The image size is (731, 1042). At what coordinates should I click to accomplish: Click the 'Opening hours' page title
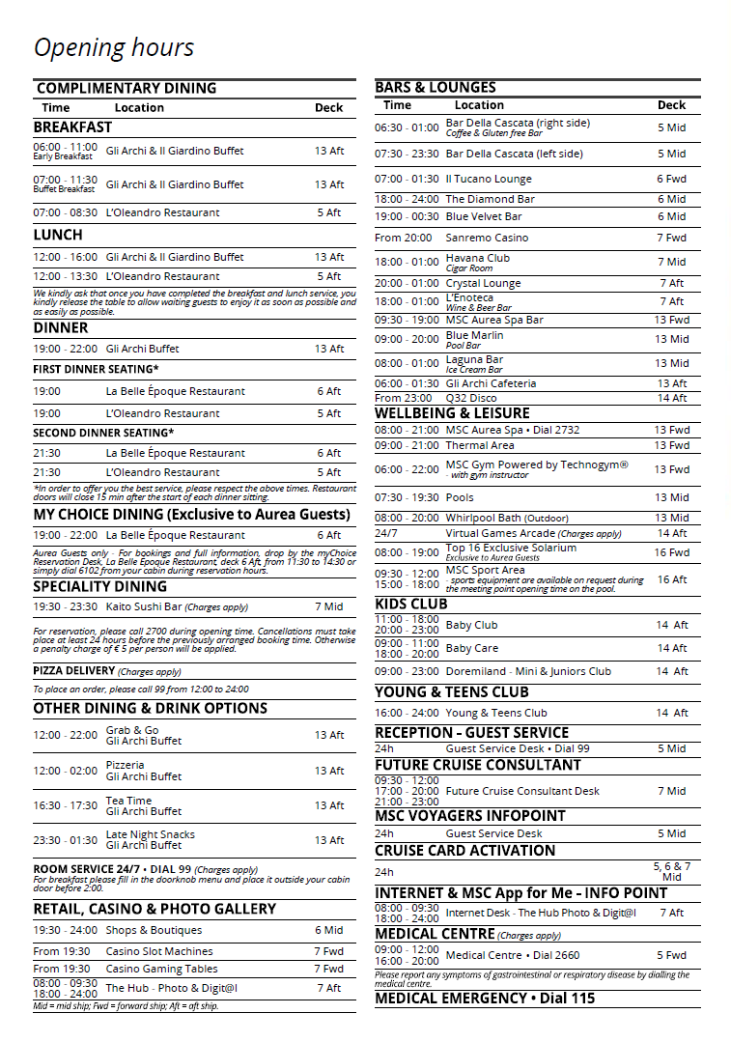point(114,47)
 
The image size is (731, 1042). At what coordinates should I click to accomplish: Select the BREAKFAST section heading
point(72,127)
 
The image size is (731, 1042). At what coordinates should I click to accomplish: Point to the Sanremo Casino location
point(487,238)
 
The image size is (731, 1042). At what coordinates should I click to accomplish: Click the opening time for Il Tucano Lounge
point(407,179)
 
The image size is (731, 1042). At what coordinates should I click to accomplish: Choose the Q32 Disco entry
point(471,398)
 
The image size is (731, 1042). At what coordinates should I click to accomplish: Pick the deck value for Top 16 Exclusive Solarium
point(672,552)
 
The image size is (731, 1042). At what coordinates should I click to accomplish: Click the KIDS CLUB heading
point(411,605)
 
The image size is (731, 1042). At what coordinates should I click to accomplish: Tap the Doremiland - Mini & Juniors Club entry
point(527,671)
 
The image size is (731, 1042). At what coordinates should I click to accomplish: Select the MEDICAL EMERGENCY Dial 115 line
point(485,999)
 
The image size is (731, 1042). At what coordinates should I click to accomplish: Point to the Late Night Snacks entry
point(150,834)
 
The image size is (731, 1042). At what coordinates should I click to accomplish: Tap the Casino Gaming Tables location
point(161,969)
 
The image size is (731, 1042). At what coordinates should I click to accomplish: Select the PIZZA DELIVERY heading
point(74,671)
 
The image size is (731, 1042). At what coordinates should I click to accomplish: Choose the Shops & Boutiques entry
point(154,930)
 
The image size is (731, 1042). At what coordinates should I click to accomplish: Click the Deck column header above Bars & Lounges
point(671,105)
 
